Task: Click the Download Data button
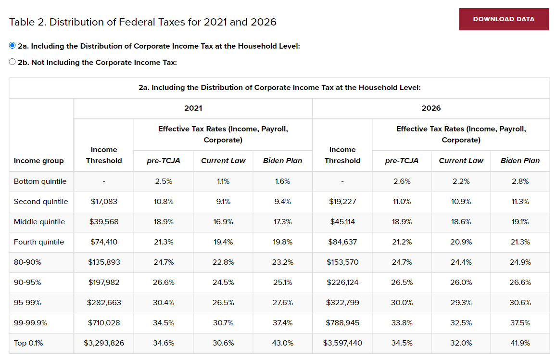tap(504, 19)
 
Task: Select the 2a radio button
tap(13, 45)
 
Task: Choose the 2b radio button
tap(13, 62)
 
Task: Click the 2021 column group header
tap(193, 108)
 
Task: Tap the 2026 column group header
tap(431, 108)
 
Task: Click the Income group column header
tap(38, 161)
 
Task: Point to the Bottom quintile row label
tap(40, 181)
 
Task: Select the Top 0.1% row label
tap(28, 343)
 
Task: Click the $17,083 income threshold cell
tap(104, 202)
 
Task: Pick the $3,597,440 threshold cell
tap(342, 343)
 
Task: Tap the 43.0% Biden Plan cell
tap(283, 343)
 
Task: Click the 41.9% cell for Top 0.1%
tap(520, 343)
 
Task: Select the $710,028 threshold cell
tap(104, 323)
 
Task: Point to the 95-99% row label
tap(27, 303)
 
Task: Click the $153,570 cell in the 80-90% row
tap(342, 262)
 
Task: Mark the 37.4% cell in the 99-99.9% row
tap(283, 323)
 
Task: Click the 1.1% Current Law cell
tap(223, 181)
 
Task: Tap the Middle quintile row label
tap(39, 222)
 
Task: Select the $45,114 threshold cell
tap(342, 222)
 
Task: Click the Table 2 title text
tap(142, 22)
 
